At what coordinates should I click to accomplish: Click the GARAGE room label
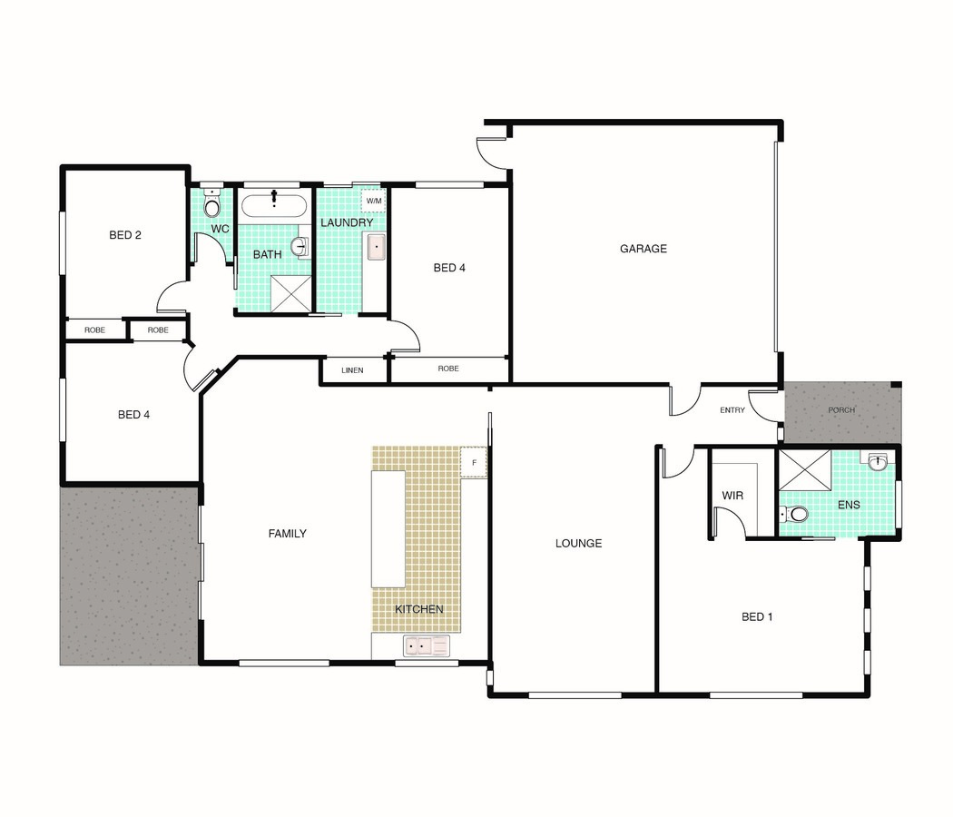pos(643,249)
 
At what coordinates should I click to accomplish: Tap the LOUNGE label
pos(579,544)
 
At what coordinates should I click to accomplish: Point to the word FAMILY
pos(288,534)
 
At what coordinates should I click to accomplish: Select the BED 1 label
pos(757,617)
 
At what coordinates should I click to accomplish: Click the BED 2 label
pos(125,235)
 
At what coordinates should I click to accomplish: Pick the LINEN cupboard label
pos(352,370)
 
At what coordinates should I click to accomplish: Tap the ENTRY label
pos(732,410)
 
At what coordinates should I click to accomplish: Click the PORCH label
pos(841,410)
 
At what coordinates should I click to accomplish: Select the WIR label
pos(732,496)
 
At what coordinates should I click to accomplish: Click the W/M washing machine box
pos(374,201)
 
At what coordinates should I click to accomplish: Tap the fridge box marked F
pos(474,463)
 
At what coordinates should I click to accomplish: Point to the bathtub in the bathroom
pos(273,205)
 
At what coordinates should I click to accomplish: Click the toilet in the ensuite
pos(794,515)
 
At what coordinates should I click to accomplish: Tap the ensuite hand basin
pos(878,462)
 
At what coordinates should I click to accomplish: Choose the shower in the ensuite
pos(805,469)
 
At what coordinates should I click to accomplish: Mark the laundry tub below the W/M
pos(377,248)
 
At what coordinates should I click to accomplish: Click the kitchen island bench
pos(388,529)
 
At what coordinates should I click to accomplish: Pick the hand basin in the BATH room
pos(300,247)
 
